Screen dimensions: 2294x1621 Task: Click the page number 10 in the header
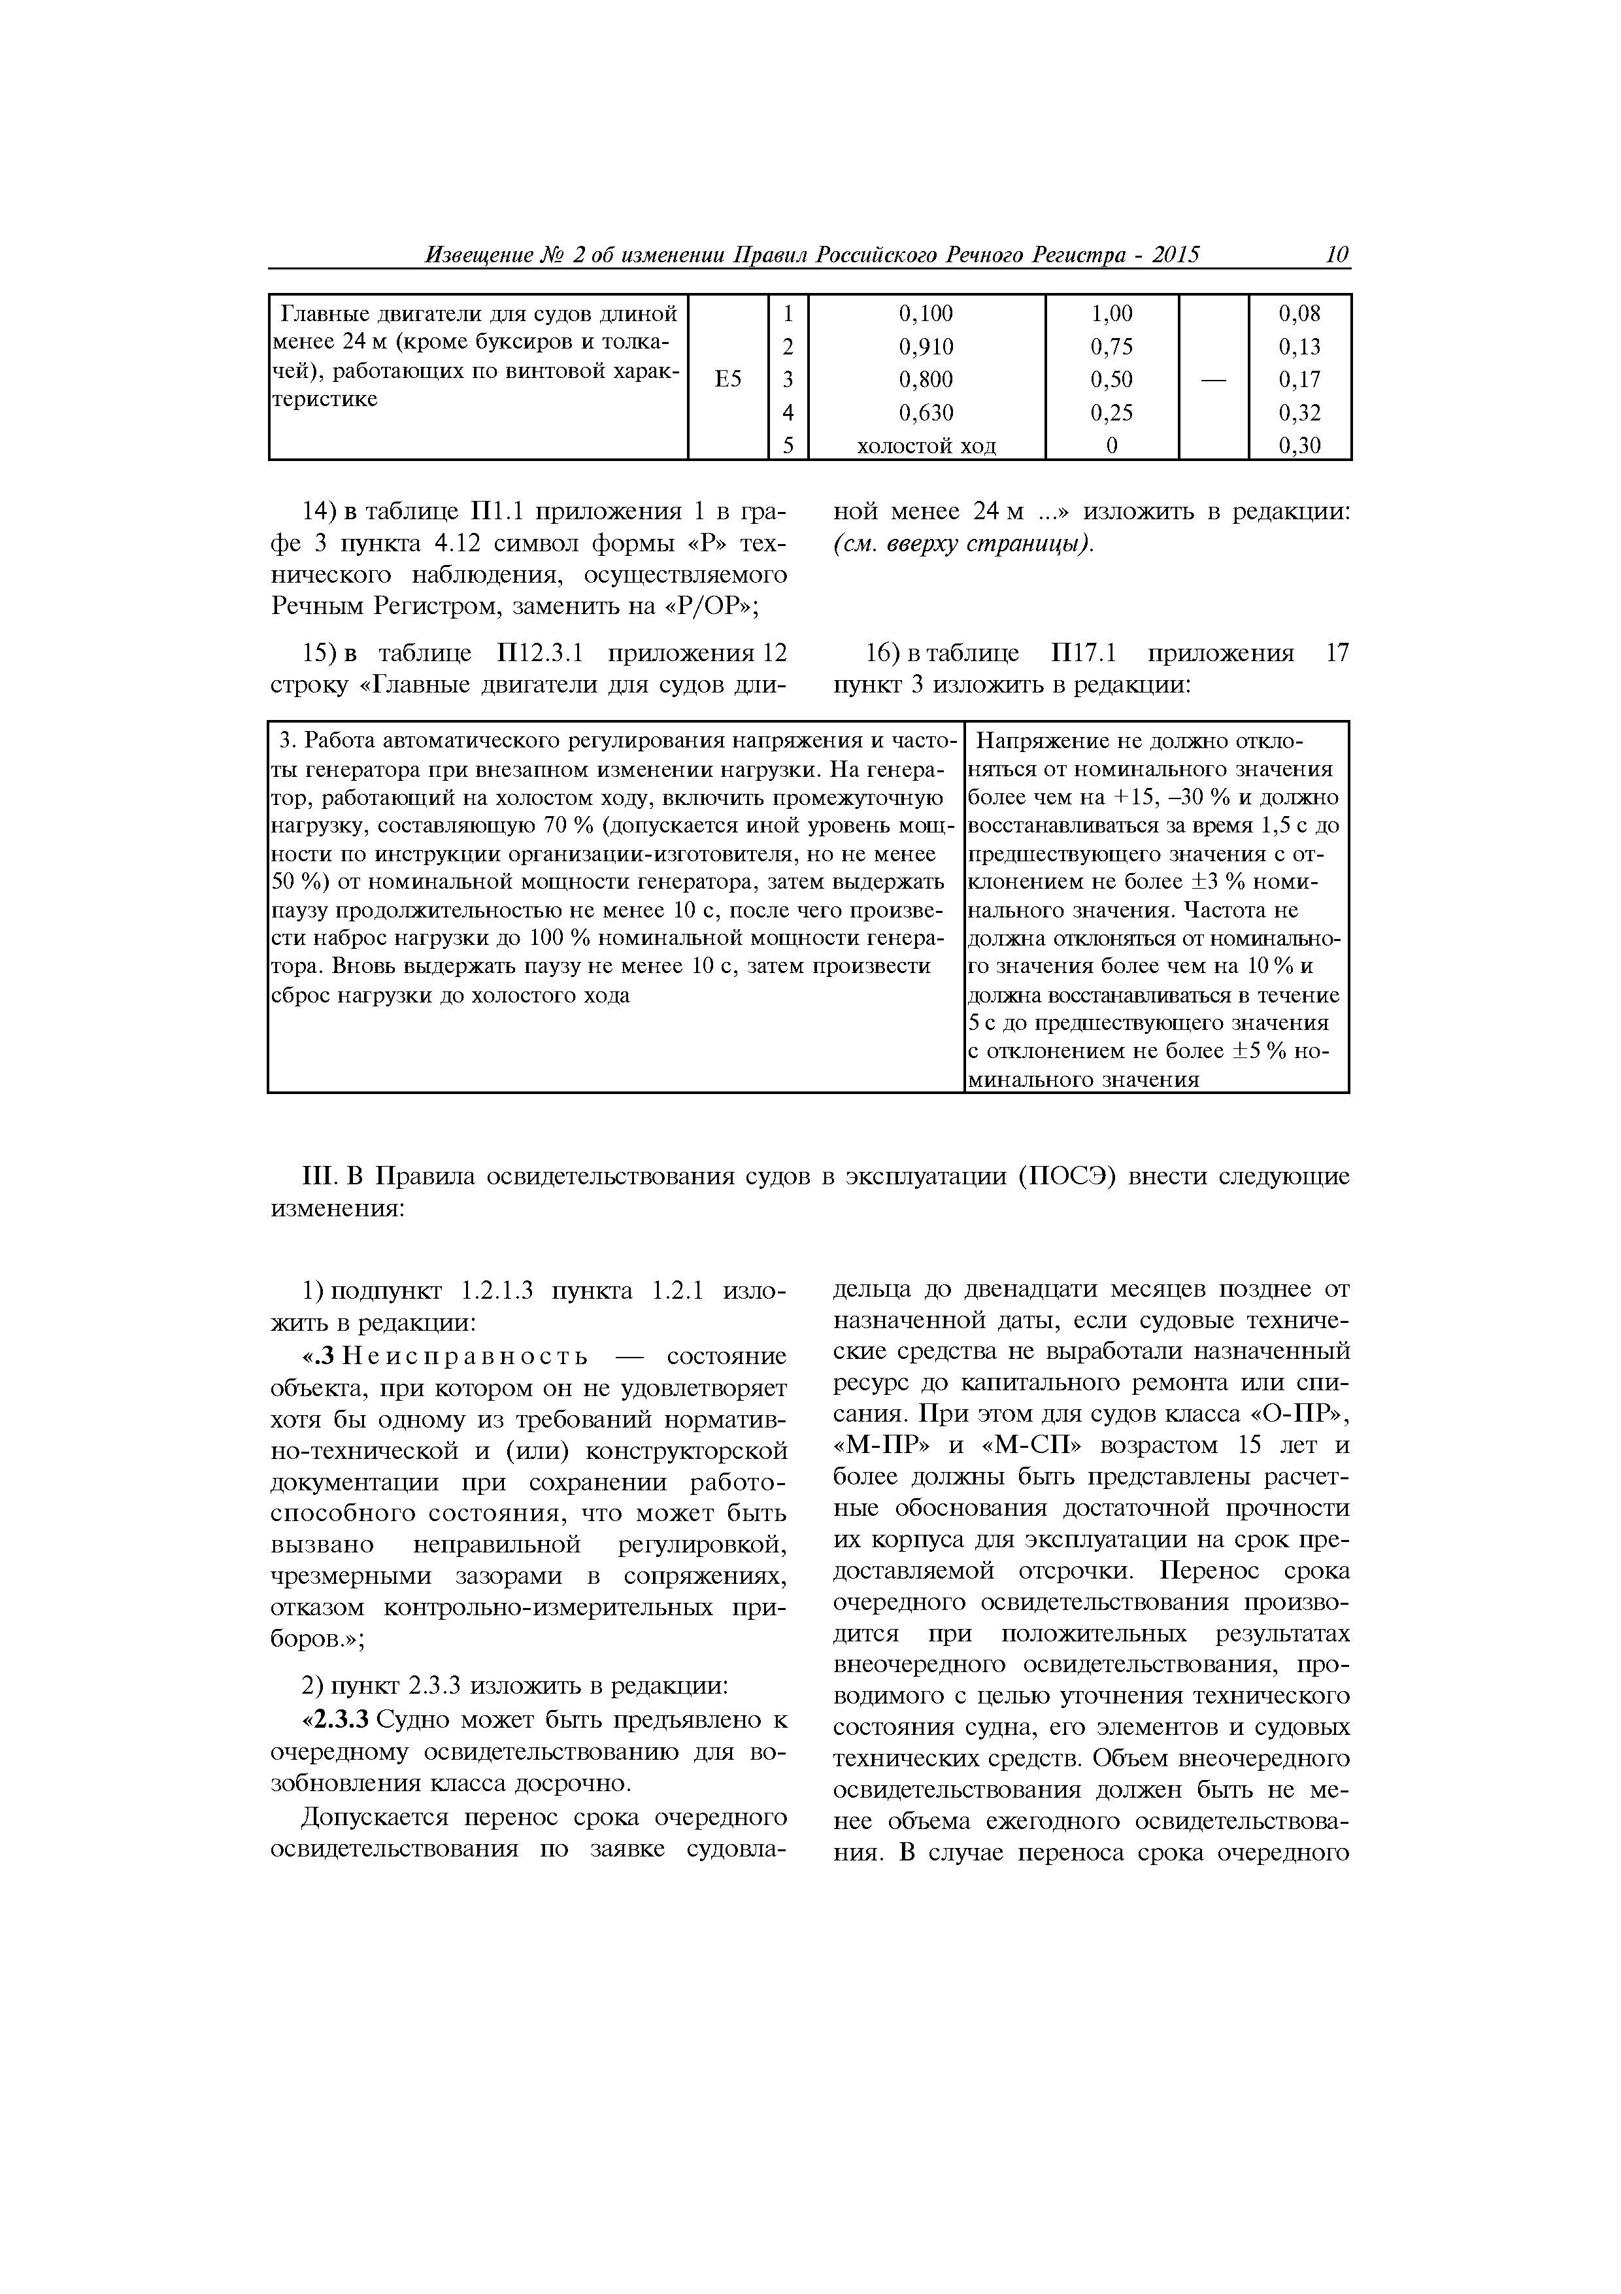pos(1337,255)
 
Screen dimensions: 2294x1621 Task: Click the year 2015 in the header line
pos(1175,255)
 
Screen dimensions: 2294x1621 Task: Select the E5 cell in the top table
pos(728,379)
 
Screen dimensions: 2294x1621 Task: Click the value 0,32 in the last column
pos(1299,413)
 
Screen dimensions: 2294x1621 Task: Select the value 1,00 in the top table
pos(1112,314)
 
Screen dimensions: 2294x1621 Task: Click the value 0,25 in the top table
pos(1112,413)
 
